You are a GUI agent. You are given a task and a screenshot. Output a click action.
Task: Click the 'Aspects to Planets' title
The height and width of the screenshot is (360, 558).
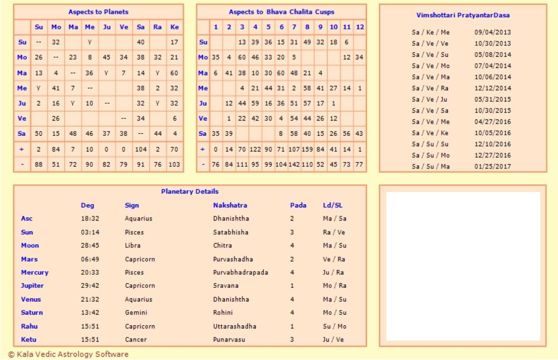click(98, 12)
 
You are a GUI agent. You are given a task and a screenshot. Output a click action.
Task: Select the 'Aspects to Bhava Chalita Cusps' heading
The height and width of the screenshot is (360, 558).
click(281, 12)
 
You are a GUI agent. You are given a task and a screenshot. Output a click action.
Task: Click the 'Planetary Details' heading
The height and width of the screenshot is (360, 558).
click(190, 192)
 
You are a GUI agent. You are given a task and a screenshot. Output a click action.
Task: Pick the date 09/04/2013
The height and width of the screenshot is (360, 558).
click(492, 32)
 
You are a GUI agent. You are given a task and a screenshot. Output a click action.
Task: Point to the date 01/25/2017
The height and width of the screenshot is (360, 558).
click(492, 167)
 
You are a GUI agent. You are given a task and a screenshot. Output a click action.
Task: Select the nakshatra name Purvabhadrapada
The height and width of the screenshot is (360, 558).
click(241, 273)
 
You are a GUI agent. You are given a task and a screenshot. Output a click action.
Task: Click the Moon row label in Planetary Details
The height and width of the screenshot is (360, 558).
click(30, 245)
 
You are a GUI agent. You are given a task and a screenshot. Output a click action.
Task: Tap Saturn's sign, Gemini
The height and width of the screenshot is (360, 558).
click(135, 313)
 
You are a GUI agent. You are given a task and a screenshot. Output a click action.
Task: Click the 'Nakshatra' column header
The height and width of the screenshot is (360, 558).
click(230, 205)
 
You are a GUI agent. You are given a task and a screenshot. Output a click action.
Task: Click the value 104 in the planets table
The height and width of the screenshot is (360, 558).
click(141, 150)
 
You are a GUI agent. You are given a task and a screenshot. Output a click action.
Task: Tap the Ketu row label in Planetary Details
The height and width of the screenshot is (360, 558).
click(29, 339)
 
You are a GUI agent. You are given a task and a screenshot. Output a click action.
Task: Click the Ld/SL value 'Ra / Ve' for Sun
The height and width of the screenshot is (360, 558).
click(334, 232)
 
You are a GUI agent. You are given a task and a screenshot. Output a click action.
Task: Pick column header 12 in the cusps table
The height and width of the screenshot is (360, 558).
click(360, 27)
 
